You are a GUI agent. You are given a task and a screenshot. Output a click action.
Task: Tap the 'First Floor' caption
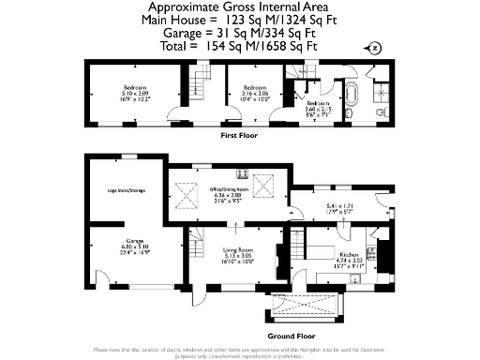pyautogui.click(x=239, y=136)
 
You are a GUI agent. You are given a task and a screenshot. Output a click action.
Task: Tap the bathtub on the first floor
pyautogui.click(x=353, y=97)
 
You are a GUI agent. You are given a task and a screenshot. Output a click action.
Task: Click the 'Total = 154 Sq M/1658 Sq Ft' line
pyautogui.click(x=240, y=44)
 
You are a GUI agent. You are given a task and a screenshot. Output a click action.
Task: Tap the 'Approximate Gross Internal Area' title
pyautogui.click(x=240, y=7)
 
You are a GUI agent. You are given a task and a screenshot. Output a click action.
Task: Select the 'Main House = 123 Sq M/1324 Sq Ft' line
pyautogui.click(x=240, y=20)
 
